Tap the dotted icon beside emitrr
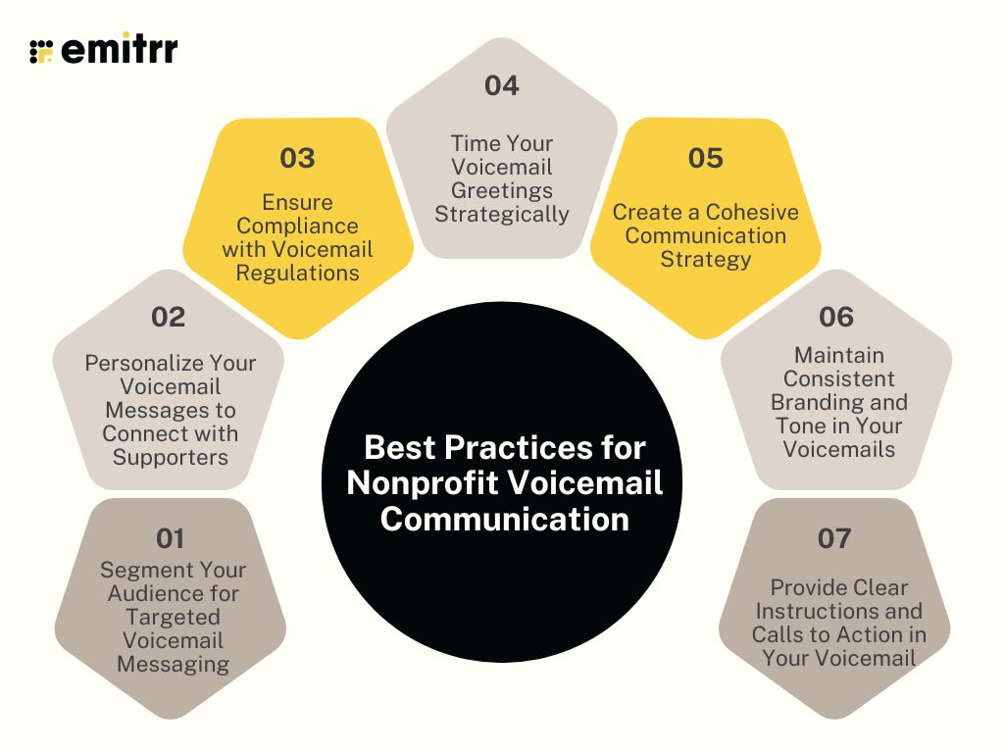(40, 51)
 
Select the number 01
(170, 537)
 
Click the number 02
(168, 317)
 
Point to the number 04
(501, 86)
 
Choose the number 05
(705, 158)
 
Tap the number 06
(836, 317)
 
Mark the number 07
(834, 537)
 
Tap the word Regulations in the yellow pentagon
(297, 273)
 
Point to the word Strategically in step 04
(502, 214)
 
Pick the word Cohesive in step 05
(752, 212)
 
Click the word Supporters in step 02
(170, 457)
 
